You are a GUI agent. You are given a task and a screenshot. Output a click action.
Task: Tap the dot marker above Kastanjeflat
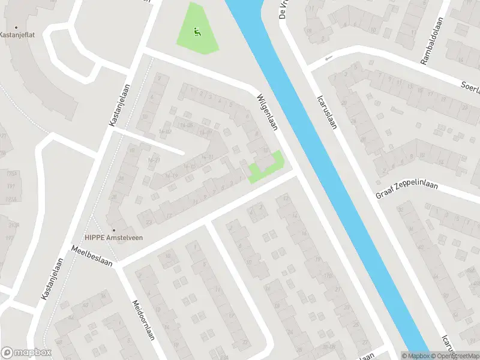pyautogui.click(x=16, y=28)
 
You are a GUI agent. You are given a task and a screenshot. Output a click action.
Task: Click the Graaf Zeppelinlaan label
pyautogui.click(x=407, y=191)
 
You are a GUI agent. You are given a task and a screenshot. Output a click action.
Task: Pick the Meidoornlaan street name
pyautogui.click(x=143, y=320)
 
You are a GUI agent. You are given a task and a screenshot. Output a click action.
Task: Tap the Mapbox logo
pyautogui.click(x=26, y=353)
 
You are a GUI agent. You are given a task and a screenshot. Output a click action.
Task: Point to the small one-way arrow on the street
pyautogui.click(x=328, y=59)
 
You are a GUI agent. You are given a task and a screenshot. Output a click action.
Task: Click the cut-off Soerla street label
pyautogui.click(x=469, y=88)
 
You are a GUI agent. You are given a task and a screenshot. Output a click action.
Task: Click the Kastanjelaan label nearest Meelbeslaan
pyautogui.click(x=53, y=278)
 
